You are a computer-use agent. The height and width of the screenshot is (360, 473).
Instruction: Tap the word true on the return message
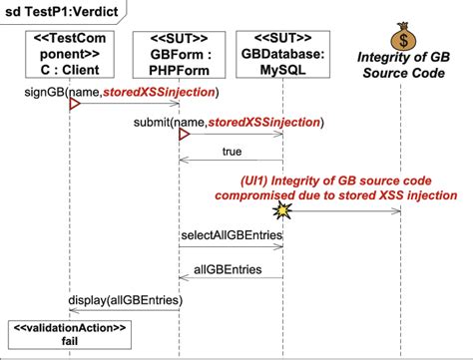(231, 152)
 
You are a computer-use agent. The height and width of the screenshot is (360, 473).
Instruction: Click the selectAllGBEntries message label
(231, 237)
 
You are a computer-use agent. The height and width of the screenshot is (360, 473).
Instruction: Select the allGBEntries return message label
(231, 270)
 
